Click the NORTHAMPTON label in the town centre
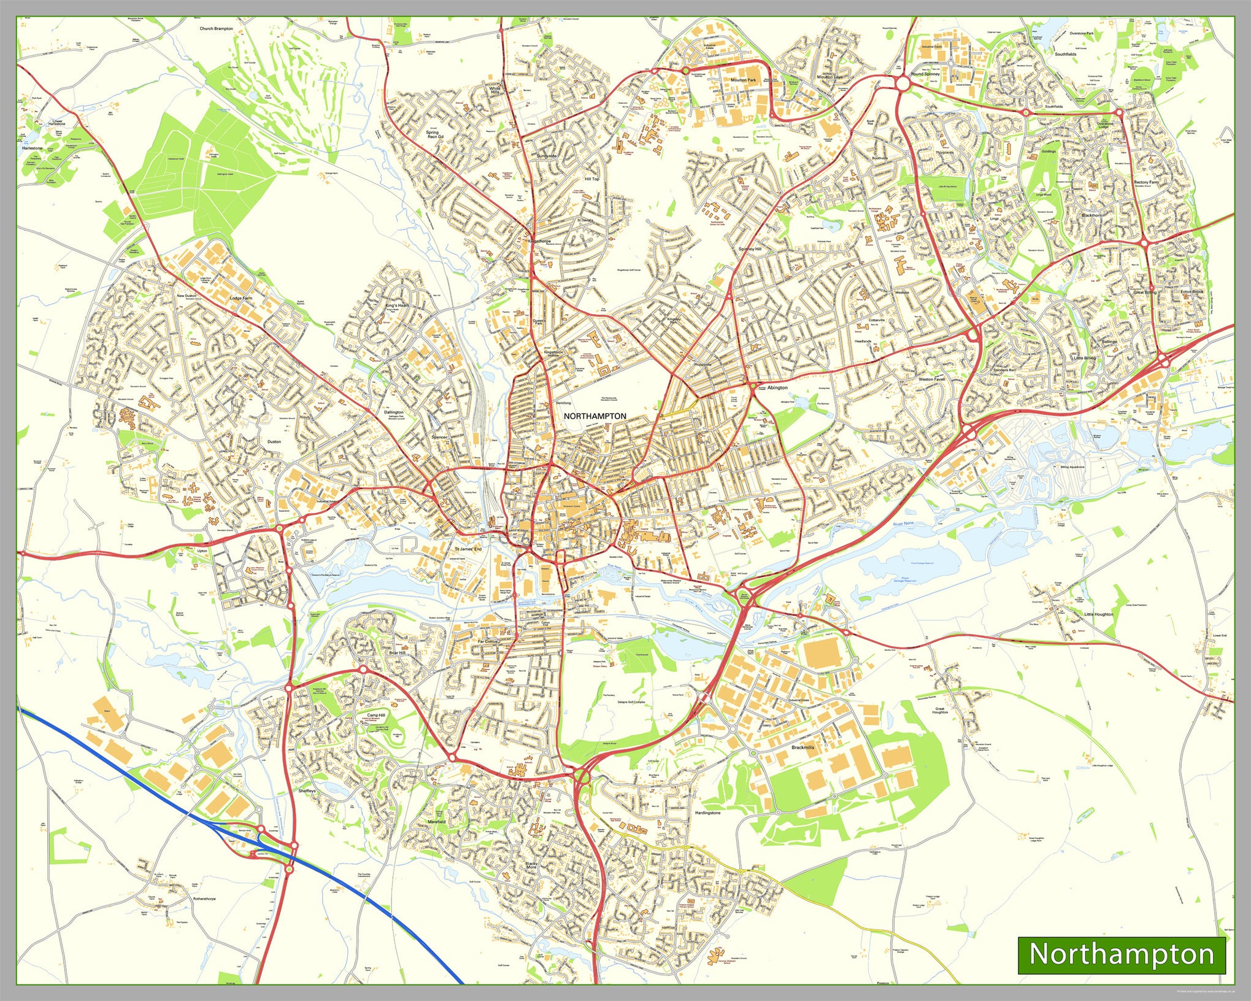(x=595, y=416)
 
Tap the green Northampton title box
(x=1121, y=954)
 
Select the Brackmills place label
(x=803, y=748)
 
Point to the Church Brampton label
(x=216, y=28)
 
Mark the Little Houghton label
(x=1098, y=614)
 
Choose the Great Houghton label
(x=940, y=711)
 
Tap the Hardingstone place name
(x=707, y=813)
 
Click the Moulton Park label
(x=743, y=80)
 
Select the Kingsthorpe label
(x=539, y=241)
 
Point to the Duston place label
(x=274, y=441)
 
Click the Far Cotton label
(x=488, y=641)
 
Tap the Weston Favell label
(x=931, y=379)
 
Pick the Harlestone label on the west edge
(x=32, y=148)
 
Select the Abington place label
(x=777, y=387)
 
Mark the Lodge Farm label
(x=241, y=298)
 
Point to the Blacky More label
(x=531, y=865)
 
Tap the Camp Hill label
(x=376, y=716)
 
